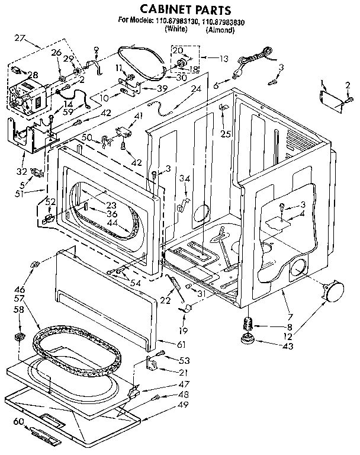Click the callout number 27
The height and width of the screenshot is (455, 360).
[20, 39]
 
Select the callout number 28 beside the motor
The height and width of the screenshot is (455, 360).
[16, 74]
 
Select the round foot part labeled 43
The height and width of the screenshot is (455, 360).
[245, 339]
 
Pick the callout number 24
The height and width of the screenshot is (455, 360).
[196, 89]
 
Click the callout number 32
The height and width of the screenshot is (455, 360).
[22, 172]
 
